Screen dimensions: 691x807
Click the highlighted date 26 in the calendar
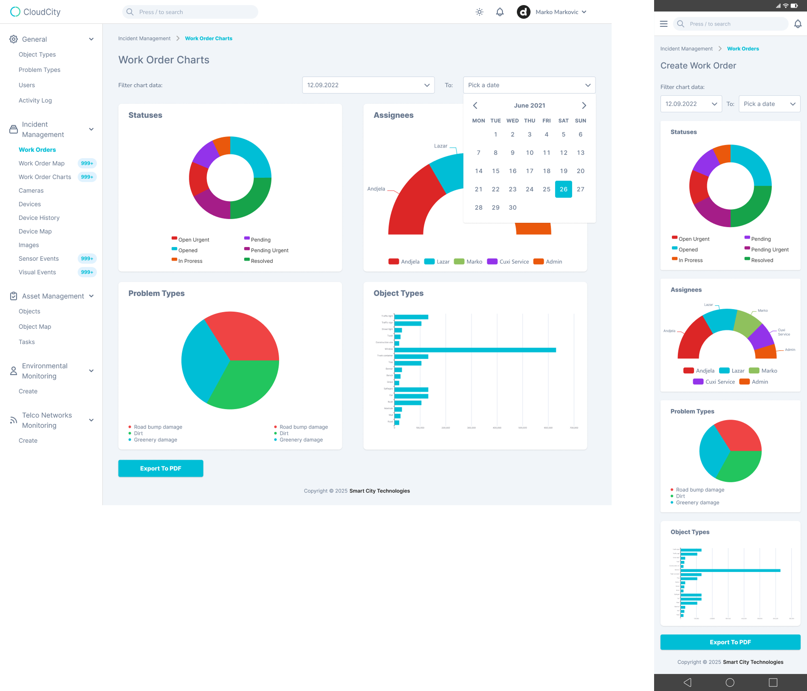tap(563, 189)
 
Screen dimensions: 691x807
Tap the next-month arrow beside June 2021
tap(584, 105)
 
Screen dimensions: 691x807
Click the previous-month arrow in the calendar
tap(475, 105)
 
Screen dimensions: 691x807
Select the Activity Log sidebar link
tap(35, 100)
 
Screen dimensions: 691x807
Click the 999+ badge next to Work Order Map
tap(87, 163)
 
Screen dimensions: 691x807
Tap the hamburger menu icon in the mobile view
tap(663, 24)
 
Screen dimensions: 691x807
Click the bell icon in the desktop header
tap(500, 12)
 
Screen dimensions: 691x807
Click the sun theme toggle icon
tap(480, 12)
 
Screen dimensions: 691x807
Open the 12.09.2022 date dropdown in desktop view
tap(368, 85)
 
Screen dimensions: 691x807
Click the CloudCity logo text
tap(42, 12)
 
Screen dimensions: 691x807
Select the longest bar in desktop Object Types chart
tap(475, 350)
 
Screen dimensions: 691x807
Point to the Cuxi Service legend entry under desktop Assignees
tap(508, 262)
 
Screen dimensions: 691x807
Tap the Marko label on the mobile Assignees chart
tap(763, 310)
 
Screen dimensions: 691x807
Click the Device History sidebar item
tap(39, 218)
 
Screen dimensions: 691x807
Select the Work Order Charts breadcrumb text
tap(209, 38)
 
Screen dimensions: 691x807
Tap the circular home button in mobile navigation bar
tap(730, 682)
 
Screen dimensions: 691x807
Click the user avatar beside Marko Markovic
tap(523, 12)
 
